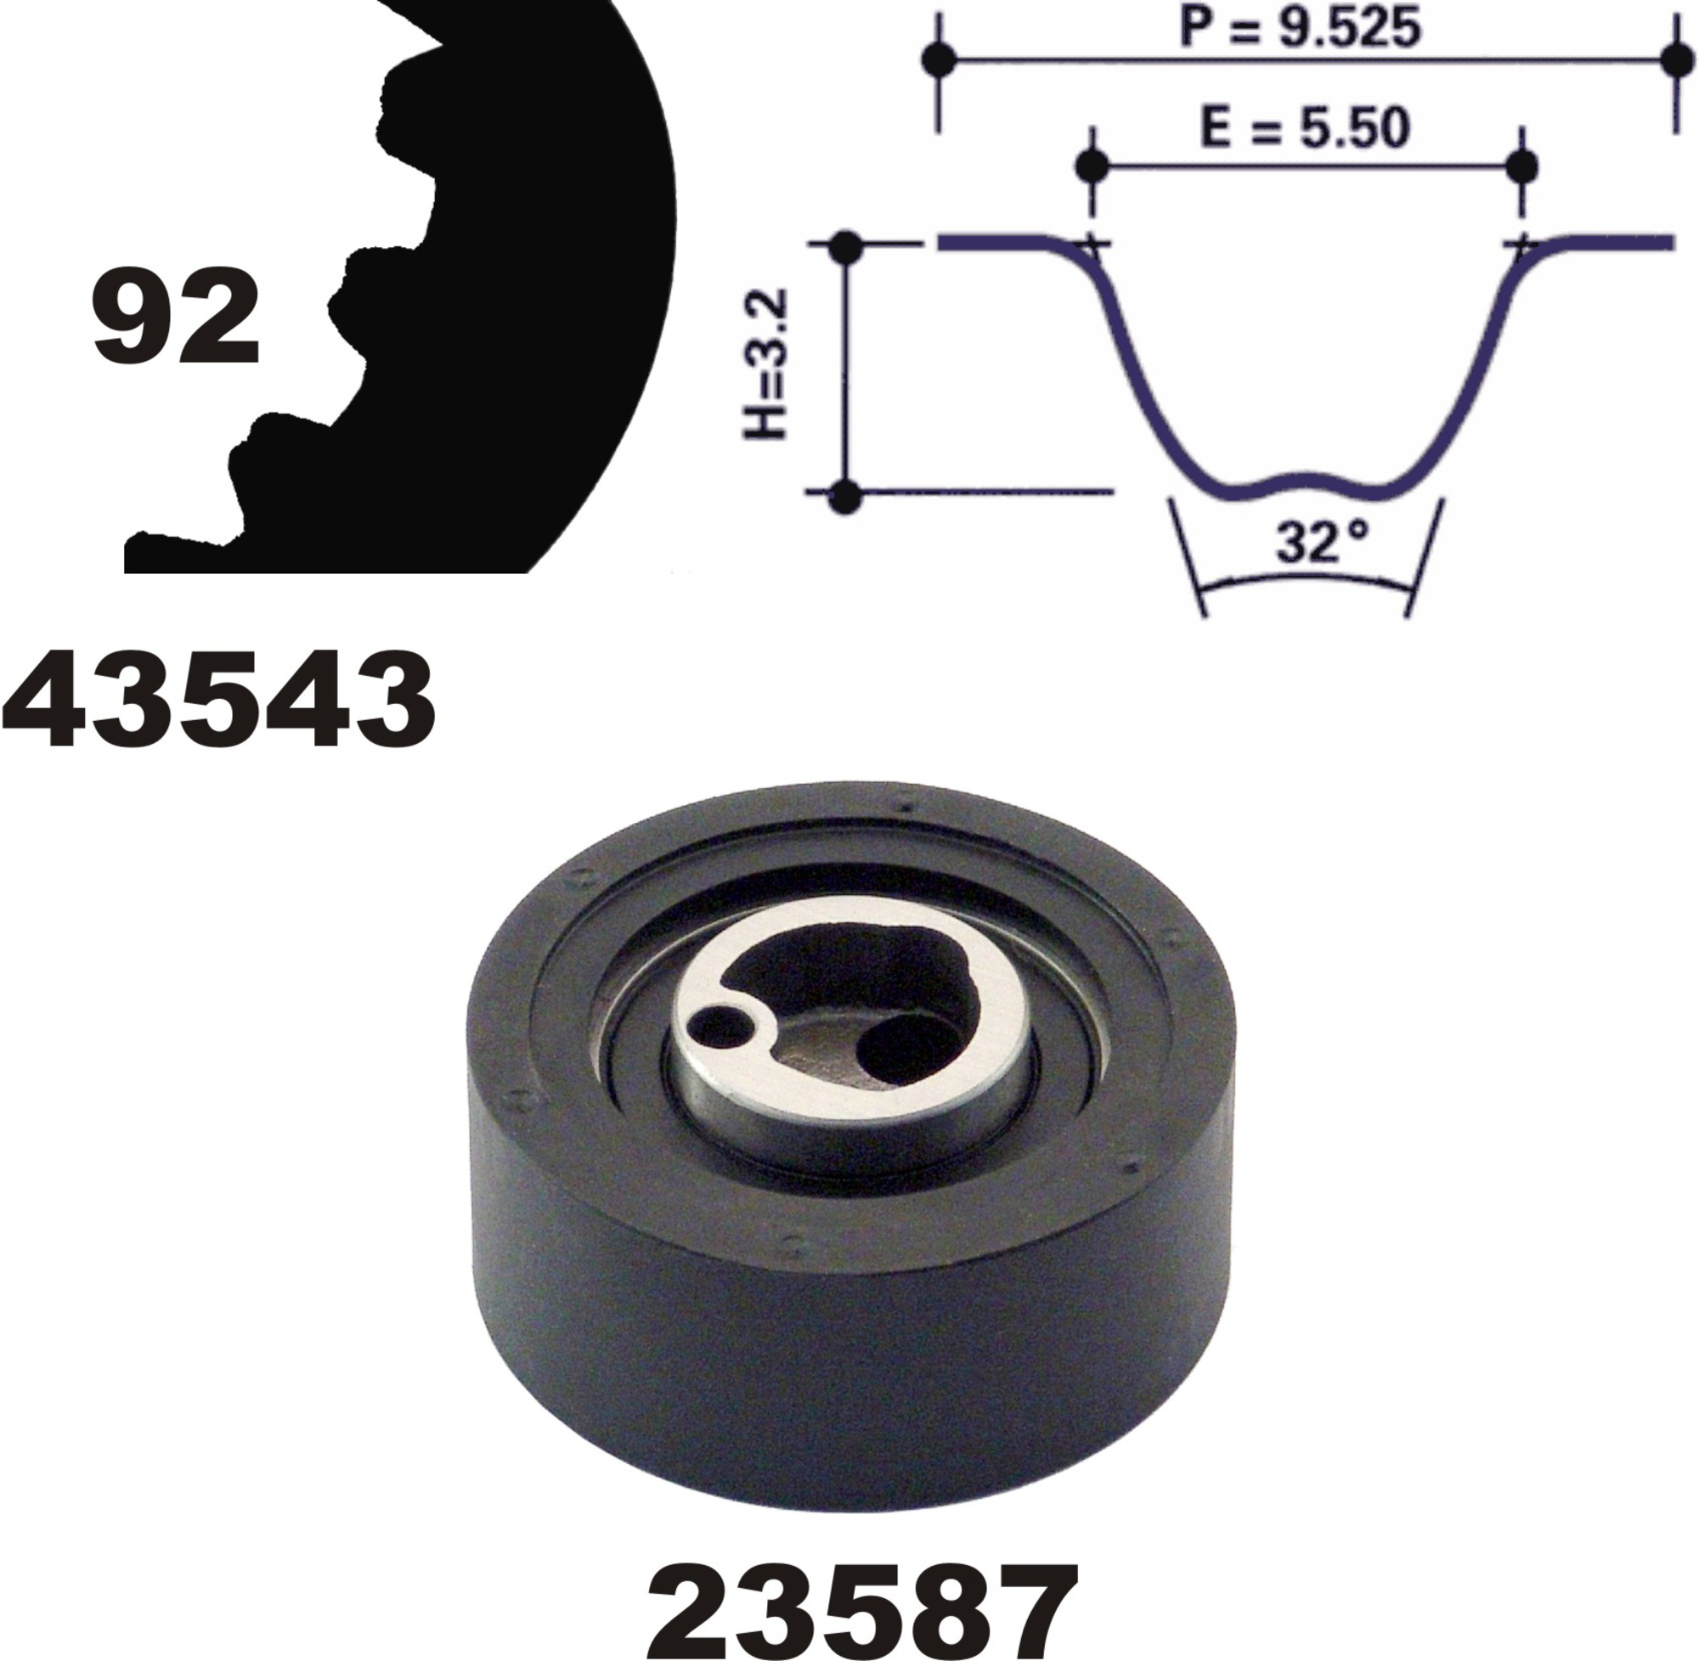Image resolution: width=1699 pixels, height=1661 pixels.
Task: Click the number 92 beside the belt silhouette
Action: [175, 320]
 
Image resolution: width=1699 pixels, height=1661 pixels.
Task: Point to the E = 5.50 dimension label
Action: [1305, 128]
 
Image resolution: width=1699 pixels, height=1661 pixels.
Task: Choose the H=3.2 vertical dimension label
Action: [765, 363]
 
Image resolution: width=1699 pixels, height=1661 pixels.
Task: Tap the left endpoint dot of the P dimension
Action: [939, 60]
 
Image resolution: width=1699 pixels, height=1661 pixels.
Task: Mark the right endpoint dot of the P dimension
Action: [1676, 60]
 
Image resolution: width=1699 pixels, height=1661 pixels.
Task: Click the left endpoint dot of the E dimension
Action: [1092, 164]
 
